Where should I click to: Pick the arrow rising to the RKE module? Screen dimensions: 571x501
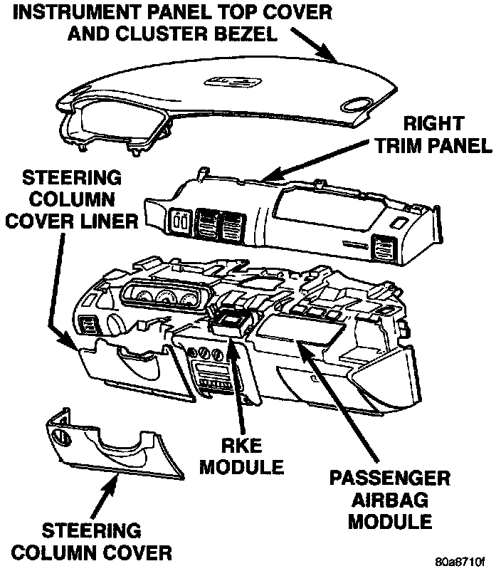tap(237, 384)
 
